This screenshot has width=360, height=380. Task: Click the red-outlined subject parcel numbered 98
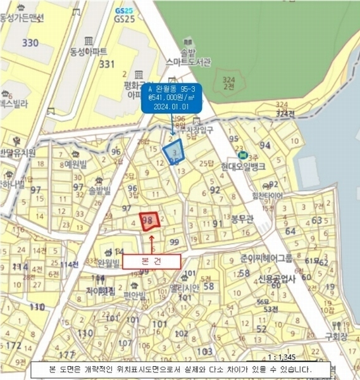pos(150,220)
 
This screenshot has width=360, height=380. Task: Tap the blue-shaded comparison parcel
pos(173,151)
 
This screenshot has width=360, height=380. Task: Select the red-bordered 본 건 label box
pos(151,260)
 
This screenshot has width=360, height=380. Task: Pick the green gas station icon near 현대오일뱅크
pos(241,155)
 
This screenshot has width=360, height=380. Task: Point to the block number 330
pos(30,43)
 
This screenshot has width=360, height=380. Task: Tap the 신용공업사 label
pos(277,279)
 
